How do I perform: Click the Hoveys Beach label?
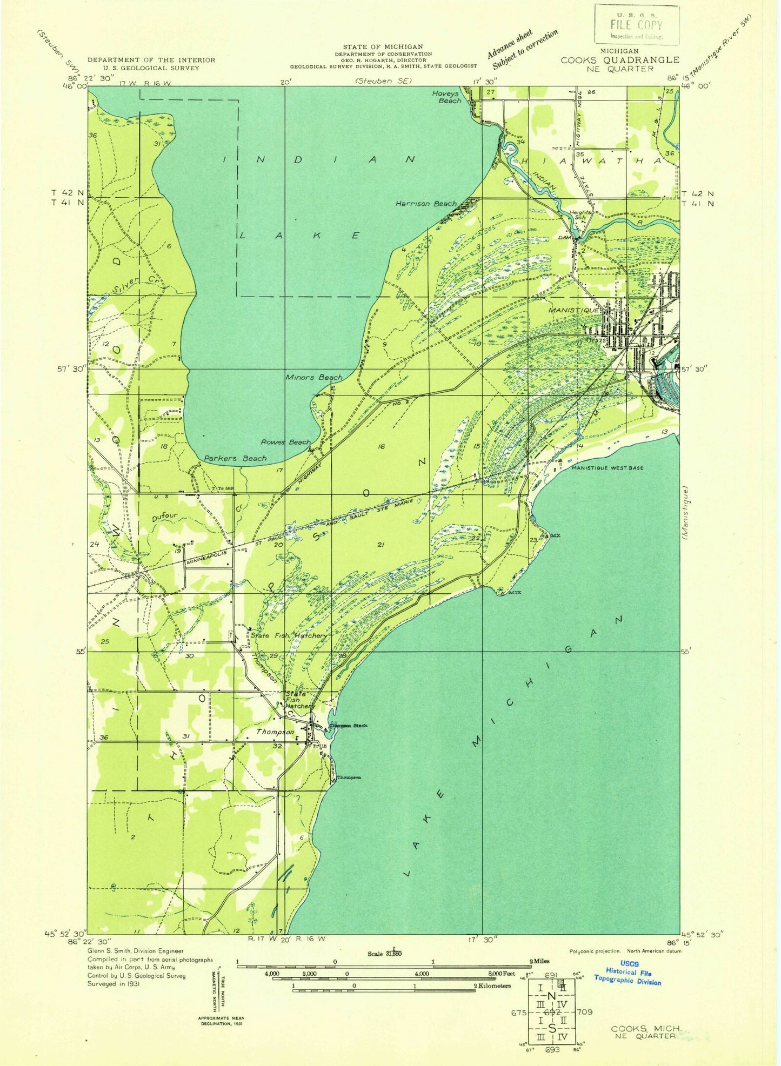446,97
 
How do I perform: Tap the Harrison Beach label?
426,204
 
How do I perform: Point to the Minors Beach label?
314,377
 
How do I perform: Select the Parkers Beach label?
235,458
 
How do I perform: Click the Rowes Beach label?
286,442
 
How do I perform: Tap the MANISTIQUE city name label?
573,311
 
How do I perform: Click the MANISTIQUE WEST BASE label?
608,468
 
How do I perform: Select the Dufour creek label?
165,517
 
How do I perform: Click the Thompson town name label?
276,732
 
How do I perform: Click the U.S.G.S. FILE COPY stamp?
637,25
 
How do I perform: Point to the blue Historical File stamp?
628,972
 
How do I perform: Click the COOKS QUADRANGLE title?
619,60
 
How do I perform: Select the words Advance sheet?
509,44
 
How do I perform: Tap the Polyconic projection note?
595,951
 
